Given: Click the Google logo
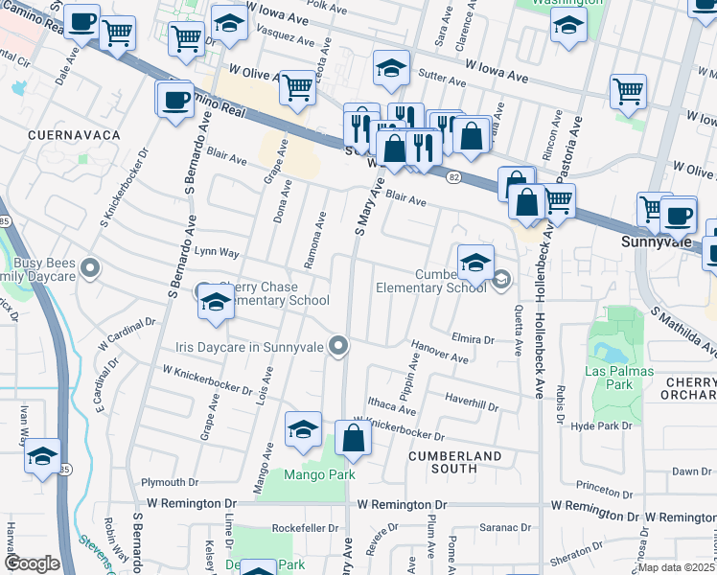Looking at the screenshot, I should tap(31, 563).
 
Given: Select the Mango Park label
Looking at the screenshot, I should tap(319, 474).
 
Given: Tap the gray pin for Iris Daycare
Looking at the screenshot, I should tap(337, 346).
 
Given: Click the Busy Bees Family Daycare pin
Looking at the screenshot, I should tap(90, 268).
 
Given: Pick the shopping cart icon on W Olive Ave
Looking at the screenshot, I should tap(297, 88).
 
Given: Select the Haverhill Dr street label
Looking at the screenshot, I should tap(472, 402).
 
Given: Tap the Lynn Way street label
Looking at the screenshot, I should tap(217, 253).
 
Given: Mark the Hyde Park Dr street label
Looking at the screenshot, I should tap(603, 425).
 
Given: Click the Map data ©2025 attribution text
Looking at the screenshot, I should tap(675, 567).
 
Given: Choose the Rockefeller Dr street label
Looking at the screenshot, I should tap(307, 528).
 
